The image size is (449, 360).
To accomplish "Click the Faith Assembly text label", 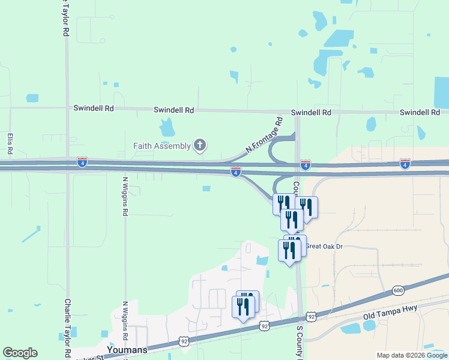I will coord(161,145).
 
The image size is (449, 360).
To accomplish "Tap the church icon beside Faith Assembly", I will coord(199,145).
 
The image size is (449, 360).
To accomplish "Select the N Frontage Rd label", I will coord(265,135).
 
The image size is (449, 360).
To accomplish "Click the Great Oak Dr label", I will coord(324,246).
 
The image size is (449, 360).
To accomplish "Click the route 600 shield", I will coord(398,290).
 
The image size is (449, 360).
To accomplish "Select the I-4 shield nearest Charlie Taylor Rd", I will coord(82,162).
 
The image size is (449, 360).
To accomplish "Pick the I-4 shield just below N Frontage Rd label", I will coord(236,172).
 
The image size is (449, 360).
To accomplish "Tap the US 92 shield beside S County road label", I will coord(310,316).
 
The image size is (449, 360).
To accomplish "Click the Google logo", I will coord(20,353).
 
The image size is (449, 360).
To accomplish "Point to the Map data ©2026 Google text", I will coord(412,355).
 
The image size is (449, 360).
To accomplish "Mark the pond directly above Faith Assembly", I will coord(167,127).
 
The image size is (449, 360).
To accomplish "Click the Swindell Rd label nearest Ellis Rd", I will coord(93,109).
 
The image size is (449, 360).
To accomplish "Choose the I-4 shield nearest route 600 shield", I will coord(405,163).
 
